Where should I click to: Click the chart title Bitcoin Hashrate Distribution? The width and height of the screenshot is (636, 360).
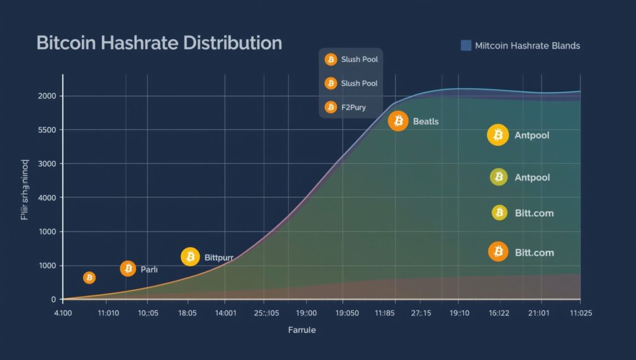tap(159, 43)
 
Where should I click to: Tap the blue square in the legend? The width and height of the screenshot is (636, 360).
tap(466, 45)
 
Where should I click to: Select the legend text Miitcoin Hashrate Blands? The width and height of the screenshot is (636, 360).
tap(527, 45)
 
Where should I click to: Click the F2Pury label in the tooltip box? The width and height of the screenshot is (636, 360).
tap(353, 107)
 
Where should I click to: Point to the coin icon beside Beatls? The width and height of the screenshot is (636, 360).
tap(398, 121)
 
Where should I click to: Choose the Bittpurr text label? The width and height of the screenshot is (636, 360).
tap(222, 257)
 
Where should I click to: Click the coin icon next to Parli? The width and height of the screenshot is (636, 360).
tap(128, 269)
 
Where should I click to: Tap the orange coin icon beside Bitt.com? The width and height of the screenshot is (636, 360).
tap(497, 252)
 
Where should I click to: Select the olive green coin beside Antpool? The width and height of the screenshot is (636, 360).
tap(498, 178)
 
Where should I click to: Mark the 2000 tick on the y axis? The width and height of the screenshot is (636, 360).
tap(47, 96)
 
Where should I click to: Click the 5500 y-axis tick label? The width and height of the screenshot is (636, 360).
tap(47, 130)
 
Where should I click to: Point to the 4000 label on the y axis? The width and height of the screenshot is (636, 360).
tap(47, 197)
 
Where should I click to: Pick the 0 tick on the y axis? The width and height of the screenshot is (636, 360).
tap(53, 299)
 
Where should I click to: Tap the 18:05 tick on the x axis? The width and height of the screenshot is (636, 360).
tap(187, 313)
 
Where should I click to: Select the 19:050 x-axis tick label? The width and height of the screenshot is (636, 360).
tap(346, 313)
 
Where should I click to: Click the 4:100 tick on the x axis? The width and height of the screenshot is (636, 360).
tap(63, 313)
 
